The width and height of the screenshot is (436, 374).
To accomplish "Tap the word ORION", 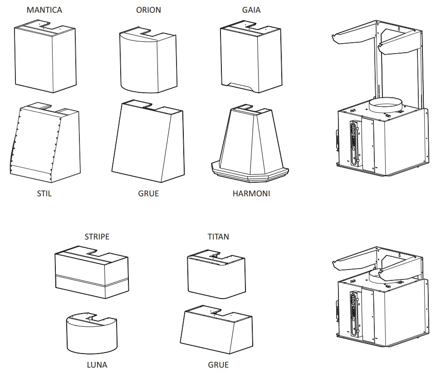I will pyautogui.click(x=148, y=10).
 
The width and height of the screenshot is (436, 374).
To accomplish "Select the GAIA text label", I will pyautogui.click(x=251, y=10).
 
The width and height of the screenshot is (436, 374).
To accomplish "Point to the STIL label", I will pyautogui.click(x=44, y=193).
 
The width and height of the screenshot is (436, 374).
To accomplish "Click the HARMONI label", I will pyautogui.click(x=251, y=193).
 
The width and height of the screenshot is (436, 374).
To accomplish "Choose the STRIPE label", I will pyautogui.click(x=97, y=236).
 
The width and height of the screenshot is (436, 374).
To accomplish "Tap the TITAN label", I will pyautogui.click(x=218, y=236).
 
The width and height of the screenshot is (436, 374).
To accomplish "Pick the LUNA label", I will pyautogui.click(x=97, y=364).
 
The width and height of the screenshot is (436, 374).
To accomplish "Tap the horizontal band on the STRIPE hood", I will pyautogui.click(x=91, y=279).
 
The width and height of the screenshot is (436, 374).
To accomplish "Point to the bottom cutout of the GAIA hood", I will pyautogui.click(x=240, y=85).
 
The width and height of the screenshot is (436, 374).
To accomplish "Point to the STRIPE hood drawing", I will pyautogui.click(x=91, y=273).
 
